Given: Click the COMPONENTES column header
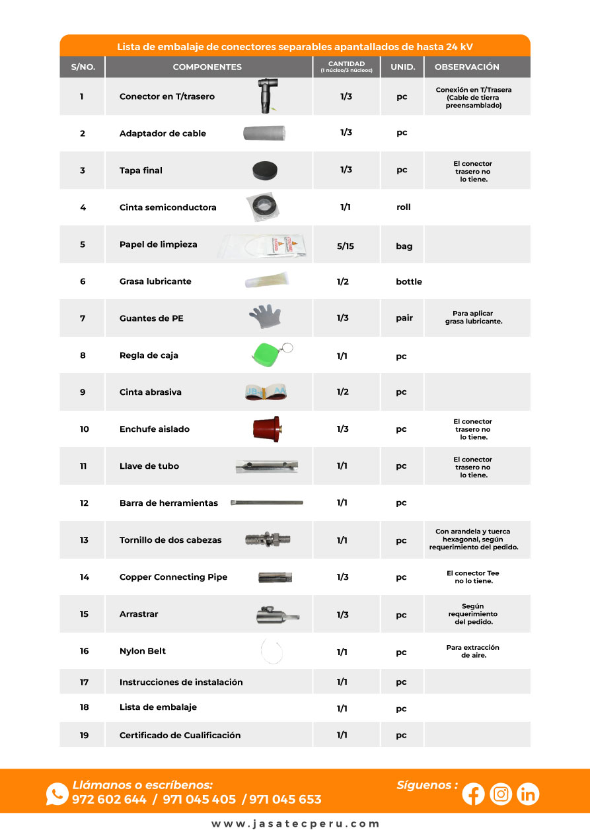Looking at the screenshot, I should (207, 67).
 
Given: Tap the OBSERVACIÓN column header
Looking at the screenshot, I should (466, 67).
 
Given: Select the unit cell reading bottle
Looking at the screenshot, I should (408, 281).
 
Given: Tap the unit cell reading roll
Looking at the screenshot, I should (403, 207).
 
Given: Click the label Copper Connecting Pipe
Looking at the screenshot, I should (173, 577).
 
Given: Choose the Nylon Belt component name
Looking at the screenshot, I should (143, 651).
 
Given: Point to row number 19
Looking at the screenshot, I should (84, 735).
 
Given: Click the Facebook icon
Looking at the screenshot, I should (473, 794).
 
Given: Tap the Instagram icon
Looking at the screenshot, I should (501, 794).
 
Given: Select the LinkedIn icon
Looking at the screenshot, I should (528, 794).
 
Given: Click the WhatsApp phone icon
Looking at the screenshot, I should (57, 794).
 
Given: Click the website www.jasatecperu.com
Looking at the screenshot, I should (295, 824).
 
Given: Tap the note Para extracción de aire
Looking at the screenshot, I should (472, 651).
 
